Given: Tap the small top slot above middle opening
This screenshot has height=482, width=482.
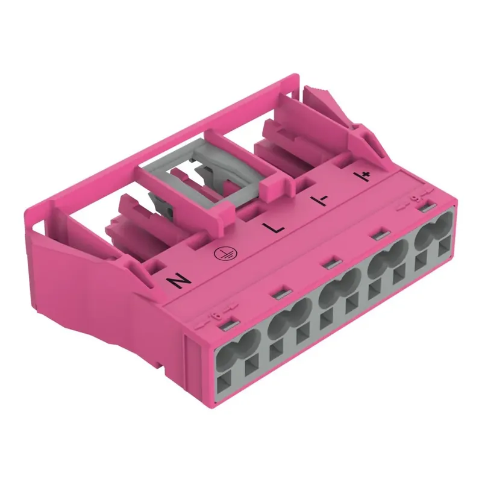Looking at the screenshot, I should click(x=328, y=263).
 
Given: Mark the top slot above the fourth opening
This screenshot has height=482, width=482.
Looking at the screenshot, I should click(x=380, y=234).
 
